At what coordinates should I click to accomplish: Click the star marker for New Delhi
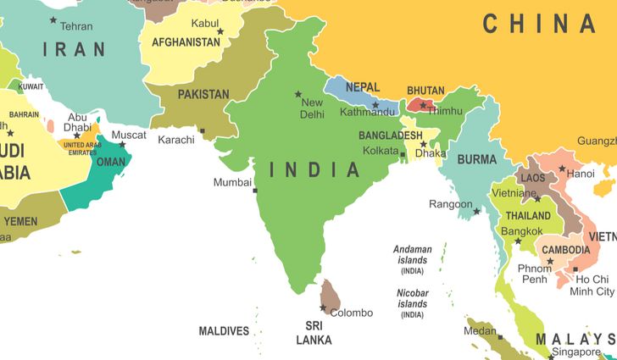tap(298, 94)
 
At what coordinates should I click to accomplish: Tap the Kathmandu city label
tap(368, 112)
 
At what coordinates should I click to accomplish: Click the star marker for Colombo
tap(323, 308)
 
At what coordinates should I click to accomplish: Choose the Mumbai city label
tap(232, 182)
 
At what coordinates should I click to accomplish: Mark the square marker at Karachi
tap(203, 130)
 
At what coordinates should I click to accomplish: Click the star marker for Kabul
tap(220, 32)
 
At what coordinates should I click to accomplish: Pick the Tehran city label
tap(77, 26)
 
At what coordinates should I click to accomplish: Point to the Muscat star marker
tap(122, 144)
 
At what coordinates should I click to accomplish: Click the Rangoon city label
tap(451, 204)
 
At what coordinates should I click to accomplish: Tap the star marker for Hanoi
tap(561, 169)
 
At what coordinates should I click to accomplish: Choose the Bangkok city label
tap(522, 230)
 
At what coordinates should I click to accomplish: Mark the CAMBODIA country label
tap(566, 250)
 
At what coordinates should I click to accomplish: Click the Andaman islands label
tap(413, 254)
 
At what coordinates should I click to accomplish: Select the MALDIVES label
tap(224, 331)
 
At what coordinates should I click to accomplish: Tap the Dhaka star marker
tap(423, 144)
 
